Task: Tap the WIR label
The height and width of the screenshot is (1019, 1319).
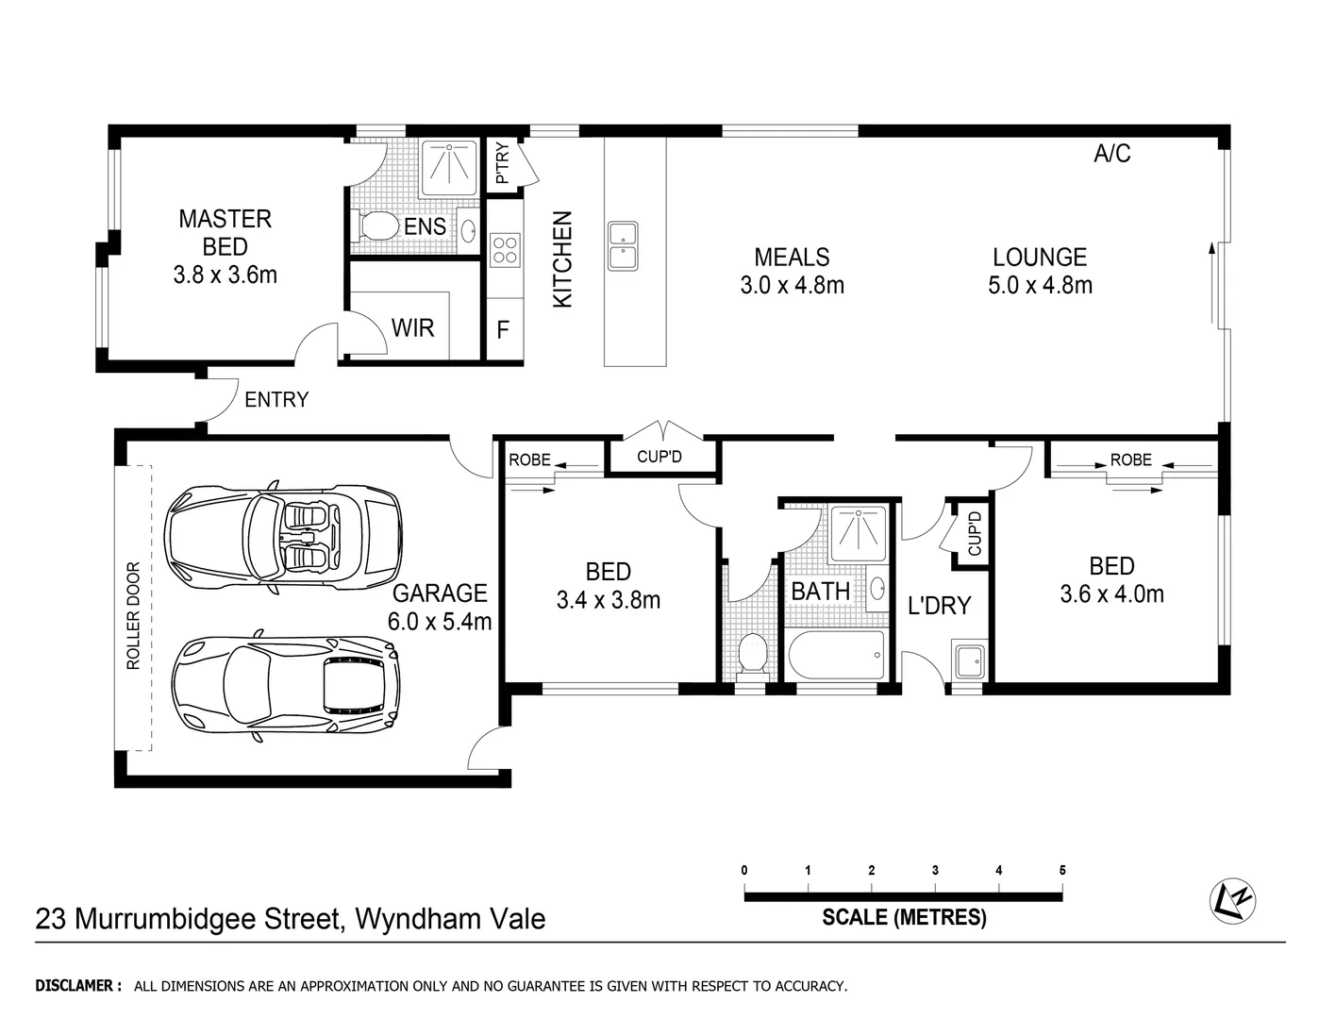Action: coord(412,328)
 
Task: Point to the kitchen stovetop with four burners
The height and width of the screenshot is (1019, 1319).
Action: coord(505,248)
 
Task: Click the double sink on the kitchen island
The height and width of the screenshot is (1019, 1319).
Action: coord(623,245)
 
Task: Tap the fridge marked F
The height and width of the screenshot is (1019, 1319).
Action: coord(503,329)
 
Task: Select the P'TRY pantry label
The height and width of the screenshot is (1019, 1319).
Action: coord(501,164)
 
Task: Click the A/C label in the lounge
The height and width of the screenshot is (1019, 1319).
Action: coord(1111,154)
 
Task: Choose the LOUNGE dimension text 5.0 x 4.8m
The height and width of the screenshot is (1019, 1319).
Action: coord(1040,285)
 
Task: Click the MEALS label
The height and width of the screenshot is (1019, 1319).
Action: coord(792,257)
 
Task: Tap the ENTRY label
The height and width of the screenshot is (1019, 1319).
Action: coord(276,400)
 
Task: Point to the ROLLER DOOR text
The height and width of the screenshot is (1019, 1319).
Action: coord(133,616)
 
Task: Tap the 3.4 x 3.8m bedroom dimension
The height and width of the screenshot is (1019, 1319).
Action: coord(609,600)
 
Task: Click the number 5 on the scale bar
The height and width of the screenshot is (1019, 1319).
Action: coord(1062,870)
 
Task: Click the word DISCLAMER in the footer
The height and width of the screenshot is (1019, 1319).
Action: coord(77,986)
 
